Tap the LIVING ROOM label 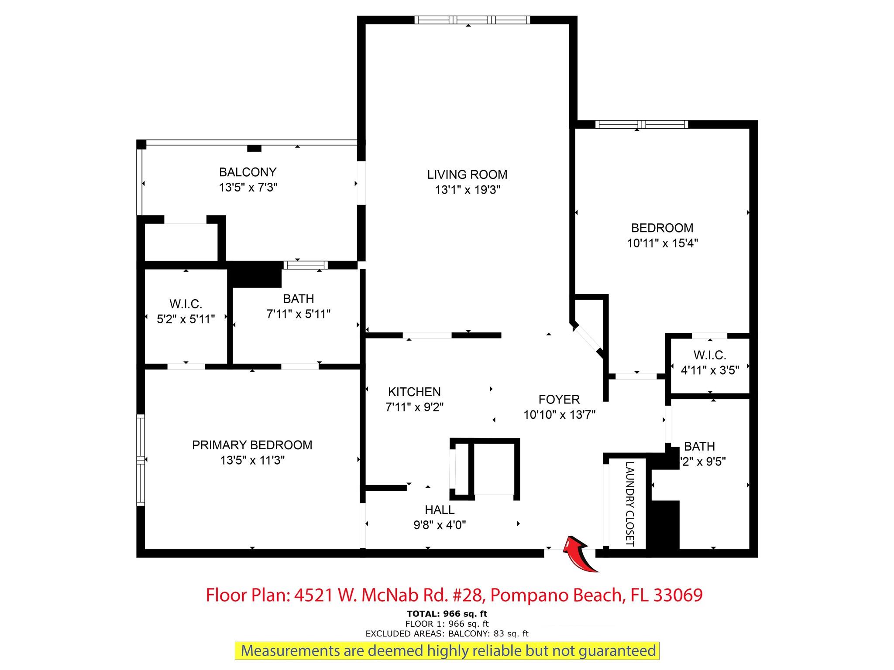[x=467, y=174]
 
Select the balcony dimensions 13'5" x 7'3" [x=248, y=187]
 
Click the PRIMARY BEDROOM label [x=252, y=445]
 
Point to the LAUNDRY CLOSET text [x=629, y=504]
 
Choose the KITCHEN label [x=414, y=392]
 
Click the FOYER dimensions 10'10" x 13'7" [x=560, y=414]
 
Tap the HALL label [x=440, y=509]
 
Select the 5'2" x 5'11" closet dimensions [x=186, y=319]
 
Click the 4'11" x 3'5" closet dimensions [x=710, y=370]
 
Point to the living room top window [x=472, y=20]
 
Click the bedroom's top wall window [x=642, y=124]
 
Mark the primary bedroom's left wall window [x=141, y=460]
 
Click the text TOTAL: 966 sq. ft [x=447, y=614]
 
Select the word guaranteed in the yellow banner [x=617, y=651]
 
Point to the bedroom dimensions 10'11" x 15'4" [x=663, y=243]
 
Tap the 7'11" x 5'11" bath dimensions [x=299, y=314]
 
